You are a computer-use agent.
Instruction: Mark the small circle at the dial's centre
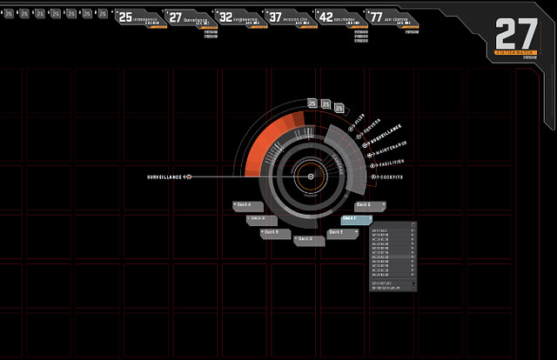pos(305,177)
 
